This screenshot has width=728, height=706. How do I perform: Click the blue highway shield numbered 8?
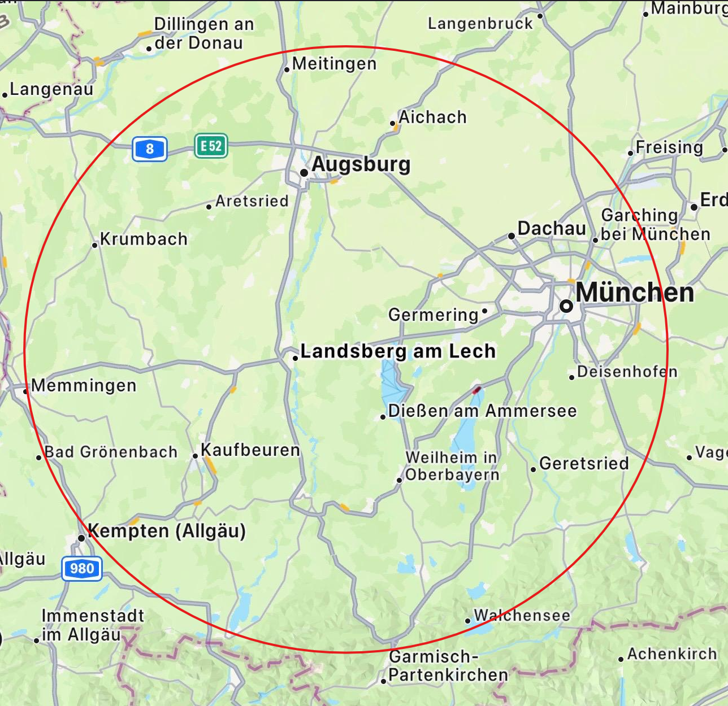coord(150,149)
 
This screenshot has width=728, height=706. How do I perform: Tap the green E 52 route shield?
coord(211,146)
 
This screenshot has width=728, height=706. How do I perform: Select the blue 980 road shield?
coord(82,569)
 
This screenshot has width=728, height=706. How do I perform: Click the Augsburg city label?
coord(361,164)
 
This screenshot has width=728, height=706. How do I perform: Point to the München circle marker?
coord(566,306)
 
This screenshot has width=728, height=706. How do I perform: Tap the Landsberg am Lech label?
coord(397,351)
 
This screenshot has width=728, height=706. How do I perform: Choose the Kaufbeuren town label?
coord(250,450)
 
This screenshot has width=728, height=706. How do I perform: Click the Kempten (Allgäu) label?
coord(167,531)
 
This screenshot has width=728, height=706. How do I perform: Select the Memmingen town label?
coord(84,386)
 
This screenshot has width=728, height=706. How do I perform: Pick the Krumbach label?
coord(144,239)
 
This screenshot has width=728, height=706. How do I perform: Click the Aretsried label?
coord(252,201)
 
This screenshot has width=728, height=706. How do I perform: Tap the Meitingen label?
coord(334,64)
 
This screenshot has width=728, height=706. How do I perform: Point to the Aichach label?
coord(432,117)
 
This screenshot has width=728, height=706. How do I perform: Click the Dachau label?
coord(552,228)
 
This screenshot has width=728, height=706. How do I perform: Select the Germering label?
coord(433,315)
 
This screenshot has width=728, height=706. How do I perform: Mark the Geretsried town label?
coord(584,464)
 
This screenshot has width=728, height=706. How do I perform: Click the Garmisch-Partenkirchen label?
coord(448,666)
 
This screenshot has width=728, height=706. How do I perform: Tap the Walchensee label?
coord(522,615)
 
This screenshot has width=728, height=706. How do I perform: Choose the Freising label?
coord(669,147)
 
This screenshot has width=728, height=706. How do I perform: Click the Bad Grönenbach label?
coord(111,452)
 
